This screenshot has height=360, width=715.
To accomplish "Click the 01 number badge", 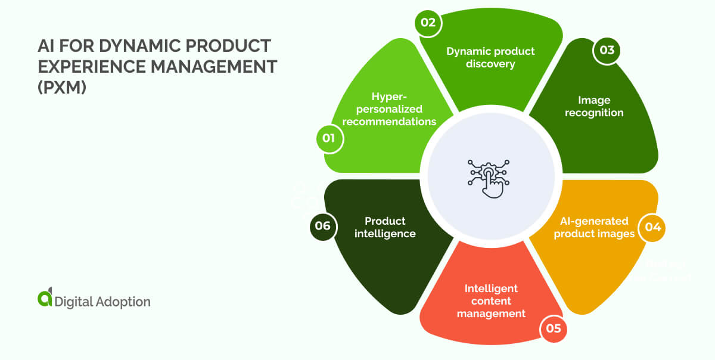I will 329,139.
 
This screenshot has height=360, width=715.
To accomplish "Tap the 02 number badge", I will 428,23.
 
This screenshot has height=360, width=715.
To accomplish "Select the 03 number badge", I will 607,51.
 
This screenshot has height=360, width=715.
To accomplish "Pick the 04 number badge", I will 652,228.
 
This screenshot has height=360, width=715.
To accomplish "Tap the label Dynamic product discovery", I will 490,57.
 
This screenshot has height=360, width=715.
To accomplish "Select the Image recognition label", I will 593,107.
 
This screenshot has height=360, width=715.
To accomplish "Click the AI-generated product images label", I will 594,228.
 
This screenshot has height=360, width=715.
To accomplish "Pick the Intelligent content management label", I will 491,300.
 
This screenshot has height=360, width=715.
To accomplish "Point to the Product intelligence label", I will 385,227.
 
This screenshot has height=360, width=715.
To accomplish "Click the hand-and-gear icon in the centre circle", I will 487,177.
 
